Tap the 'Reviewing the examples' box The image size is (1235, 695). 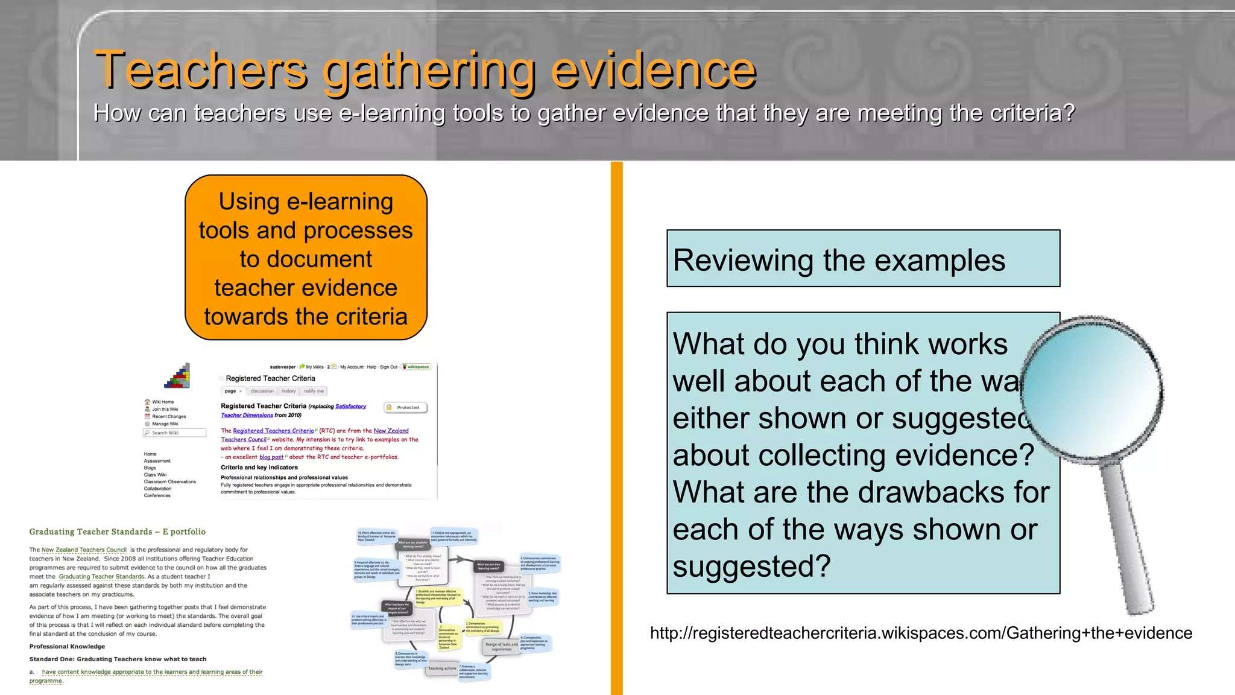click(863, 259)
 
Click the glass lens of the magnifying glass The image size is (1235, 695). click(1093, 387)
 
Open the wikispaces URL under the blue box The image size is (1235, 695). click(921, 633)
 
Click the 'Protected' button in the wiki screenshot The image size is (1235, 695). click(406, 408)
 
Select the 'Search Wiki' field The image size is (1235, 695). click(175, 433)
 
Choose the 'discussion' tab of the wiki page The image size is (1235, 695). click(262, 391)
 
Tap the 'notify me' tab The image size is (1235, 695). click(314, 391)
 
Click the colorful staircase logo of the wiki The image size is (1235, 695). click(177, 376)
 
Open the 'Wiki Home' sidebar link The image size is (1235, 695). click(162, 402)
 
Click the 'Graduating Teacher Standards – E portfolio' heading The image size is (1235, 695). click(118, 532)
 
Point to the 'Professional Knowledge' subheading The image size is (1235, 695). click(67, 646)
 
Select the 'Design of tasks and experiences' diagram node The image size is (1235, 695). click(501, 647)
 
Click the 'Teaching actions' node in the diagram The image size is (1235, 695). click(442, 668)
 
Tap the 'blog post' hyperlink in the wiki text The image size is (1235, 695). click(271, 457)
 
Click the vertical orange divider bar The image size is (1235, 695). click(616, 428)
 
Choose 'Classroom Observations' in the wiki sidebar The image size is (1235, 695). click(170, 481)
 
